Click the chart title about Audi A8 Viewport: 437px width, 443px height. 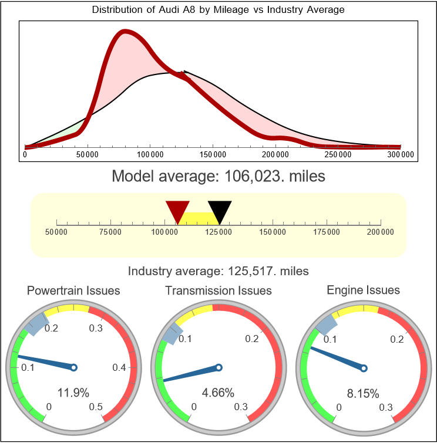pos(218,10)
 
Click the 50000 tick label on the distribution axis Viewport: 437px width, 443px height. pos(88,154)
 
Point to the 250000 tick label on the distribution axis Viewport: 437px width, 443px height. pos(338,154)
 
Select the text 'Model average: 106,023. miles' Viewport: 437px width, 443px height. pos(218,175)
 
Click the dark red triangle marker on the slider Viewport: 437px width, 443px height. pos(177,211)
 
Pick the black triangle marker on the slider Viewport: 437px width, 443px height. pos(220,211)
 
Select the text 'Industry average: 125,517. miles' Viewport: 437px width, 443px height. pos(218,271)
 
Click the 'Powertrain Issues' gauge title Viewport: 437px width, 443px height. pos(73,290)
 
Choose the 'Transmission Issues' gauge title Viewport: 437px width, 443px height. pos(218,290)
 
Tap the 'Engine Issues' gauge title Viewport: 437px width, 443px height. pos(363,290)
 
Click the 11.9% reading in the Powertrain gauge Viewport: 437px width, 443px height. pos(73,393)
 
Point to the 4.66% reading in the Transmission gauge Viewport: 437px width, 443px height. pos(218,393)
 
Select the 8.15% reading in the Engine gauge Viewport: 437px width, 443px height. pos(362,393)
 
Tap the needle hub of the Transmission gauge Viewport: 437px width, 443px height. pos(218,368)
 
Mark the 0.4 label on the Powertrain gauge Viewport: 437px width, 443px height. pos(119,368)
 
